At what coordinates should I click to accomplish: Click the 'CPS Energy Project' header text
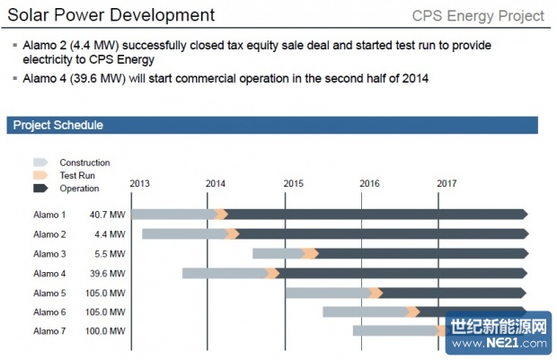click(478, 16)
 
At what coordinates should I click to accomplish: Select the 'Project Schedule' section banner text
click(58, 126)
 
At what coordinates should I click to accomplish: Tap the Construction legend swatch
click(40, 162)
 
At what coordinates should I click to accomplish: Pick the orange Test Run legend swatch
click(40, 175)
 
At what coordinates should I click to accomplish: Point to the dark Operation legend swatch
click(40, 189)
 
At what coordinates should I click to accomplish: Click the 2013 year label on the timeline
click(140, 183)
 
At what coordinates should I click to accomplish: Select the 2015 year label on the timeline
click(294, 183)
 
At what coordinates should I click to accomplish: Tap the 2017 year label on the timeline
click(446, 183)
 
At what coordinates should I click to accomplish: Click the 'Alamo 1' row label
click(49, 215)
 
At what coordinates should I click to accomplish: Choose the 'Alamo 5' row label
click(49, 293)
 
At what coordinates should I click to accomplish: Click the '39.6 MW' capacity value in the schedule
click(108, 273)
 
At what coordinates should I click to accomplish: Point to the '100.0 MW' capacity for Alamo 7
click(107, 332)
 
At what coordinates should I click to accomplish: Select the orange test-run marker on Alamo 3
click(311, 253)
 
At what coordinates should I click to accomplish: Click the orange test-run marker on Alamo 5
click(376, 293)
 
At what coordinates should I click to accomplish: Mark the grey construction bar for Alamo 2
click(183, 234)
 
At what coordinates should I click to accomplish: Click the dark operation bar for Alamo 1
click(377, 215)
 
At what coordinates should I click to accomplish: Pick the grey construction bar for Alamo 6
click(364, 312)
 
